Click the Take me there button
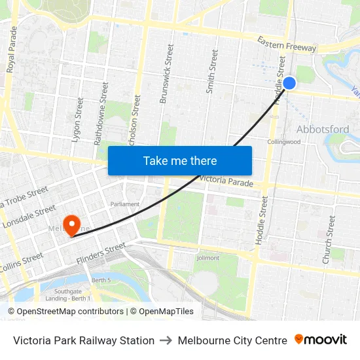pos(180,160)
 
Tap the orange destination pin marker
pos(70,225)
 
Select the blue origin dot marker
pos(289,83)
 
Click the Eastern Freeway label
pos(287,45)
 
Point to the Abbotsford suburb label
pos(323,129)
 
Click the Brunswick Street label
pos(166,74)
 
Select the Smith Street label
pos(211,69)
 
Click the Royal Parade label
pos(12,49)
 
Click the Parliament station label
pos(125,204)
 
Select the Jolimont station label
pos(207,258)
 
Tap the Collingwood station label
pos(283,141)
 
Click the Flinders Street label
pos(101,254)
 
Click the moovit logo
pos(321,340)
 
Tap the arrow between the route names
pos(166,340)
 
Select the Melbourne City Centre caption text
pos(232,340)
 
